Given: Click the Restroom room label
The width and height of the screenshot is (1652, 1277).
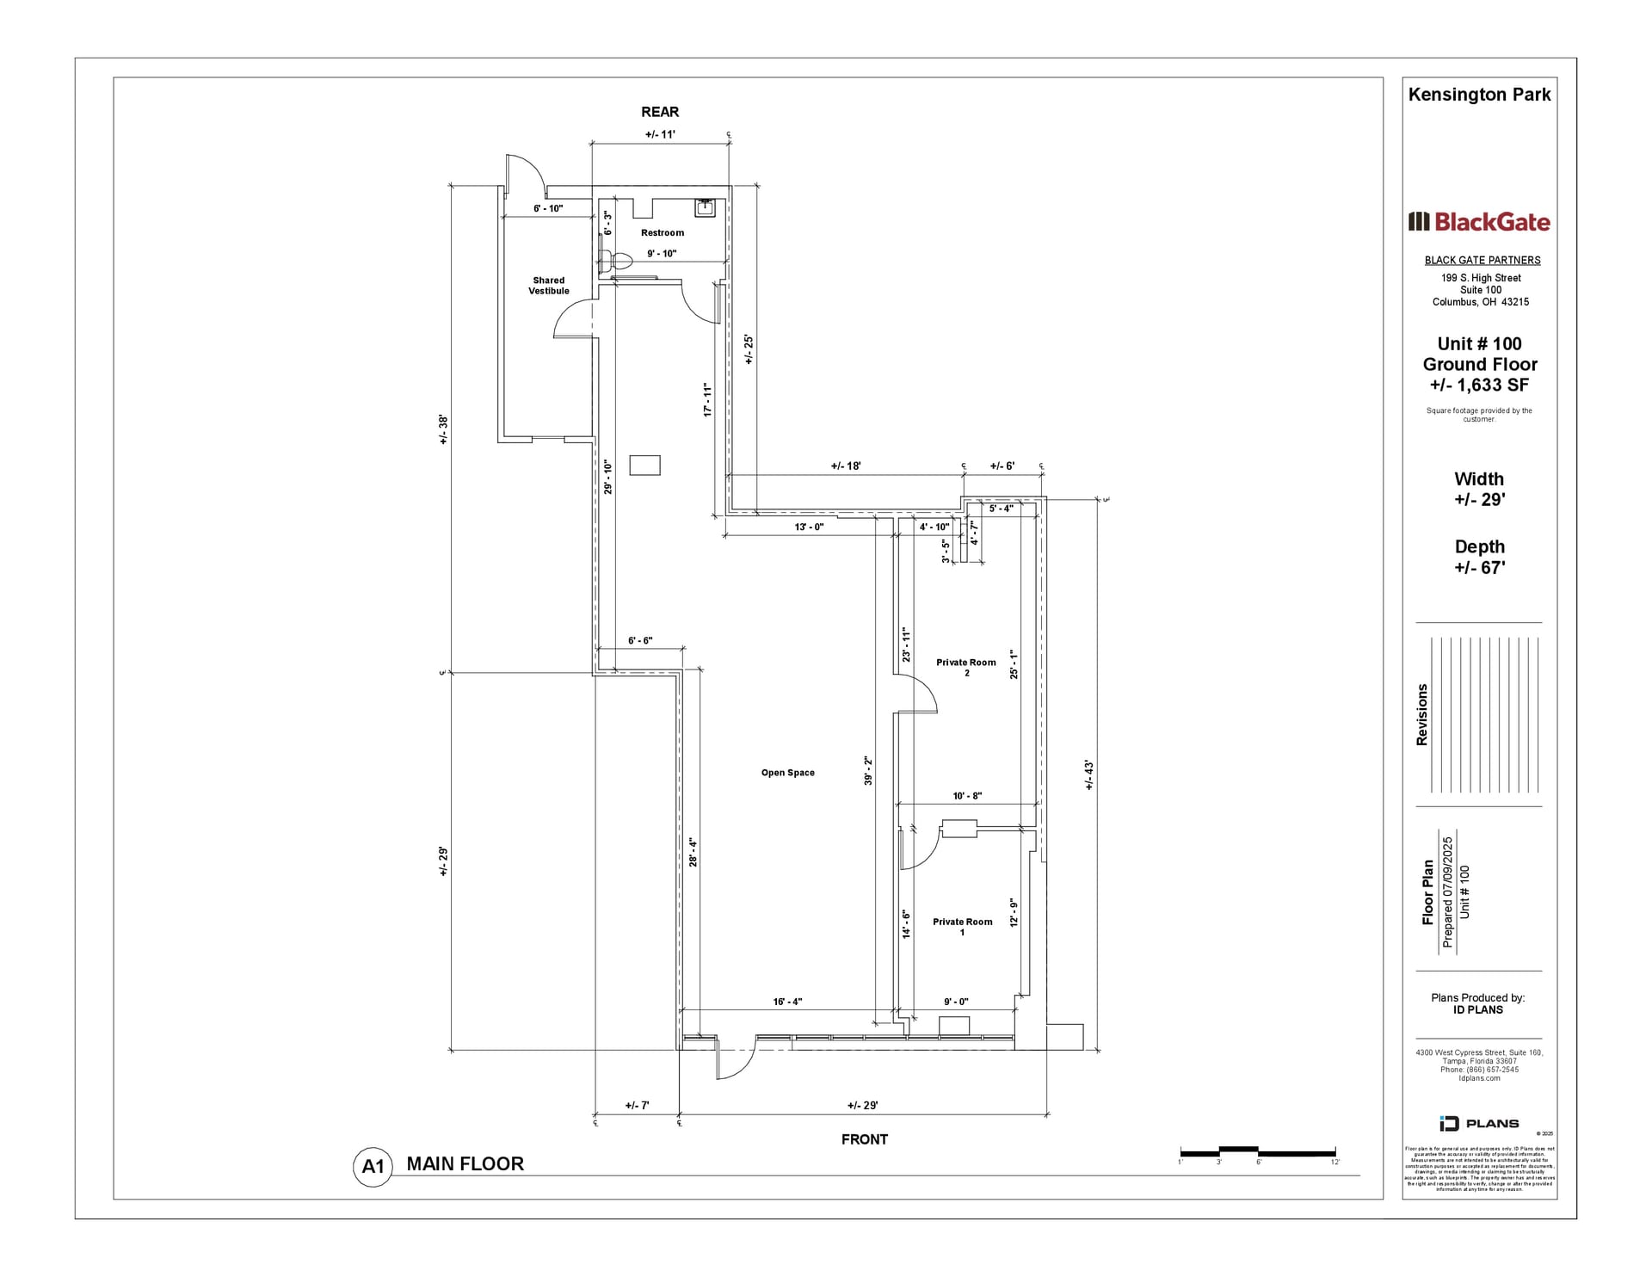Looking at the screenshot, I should [662, 232].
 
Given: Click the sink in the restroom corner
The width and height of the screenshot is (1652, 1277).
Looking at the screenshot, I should [706, 207].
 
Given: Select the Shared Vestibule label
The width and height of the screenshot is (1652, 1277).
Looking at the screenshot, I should [548, 286].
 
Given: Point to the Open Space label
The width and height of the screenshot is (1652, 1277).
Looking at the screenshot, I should [787, 773].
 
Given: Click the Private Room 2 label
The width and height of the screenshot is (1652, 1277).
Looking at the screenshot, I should [965, 668].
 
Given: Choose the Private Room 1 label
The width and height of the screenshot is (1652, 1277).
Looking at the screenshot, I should [962, 927].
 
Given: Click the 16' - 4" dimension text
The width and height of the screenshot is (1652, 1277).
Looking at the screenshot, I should [786, 1002].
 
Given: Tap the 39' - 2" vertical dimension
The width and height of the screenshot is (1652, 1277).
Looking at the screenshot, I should [868, 771].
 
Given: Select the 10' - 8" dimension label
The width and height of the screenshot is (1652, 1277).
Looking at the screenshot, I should [966, 796].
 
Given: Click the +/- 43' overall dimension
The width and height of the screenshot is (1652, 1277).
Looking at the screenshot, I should [1088, 774].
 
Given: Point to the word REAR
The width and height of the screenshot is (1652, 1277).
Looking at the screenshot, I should [660, 112].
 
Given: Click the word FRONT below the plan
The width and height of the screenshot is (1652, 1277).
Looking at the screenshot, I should [864, 1139].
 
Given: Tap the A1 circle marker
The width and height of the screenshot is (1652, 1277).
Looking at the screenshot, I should [373, 1167].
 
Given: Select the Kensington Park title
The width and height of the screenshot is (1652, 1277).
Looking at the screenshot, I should [1479, 95].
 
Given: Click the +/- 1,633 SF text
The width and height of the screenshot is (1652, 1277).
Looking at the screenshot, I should [1479, 386].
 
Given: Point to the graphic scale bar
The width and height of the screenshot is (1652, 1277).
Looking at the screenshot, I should [1257, 1151].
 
